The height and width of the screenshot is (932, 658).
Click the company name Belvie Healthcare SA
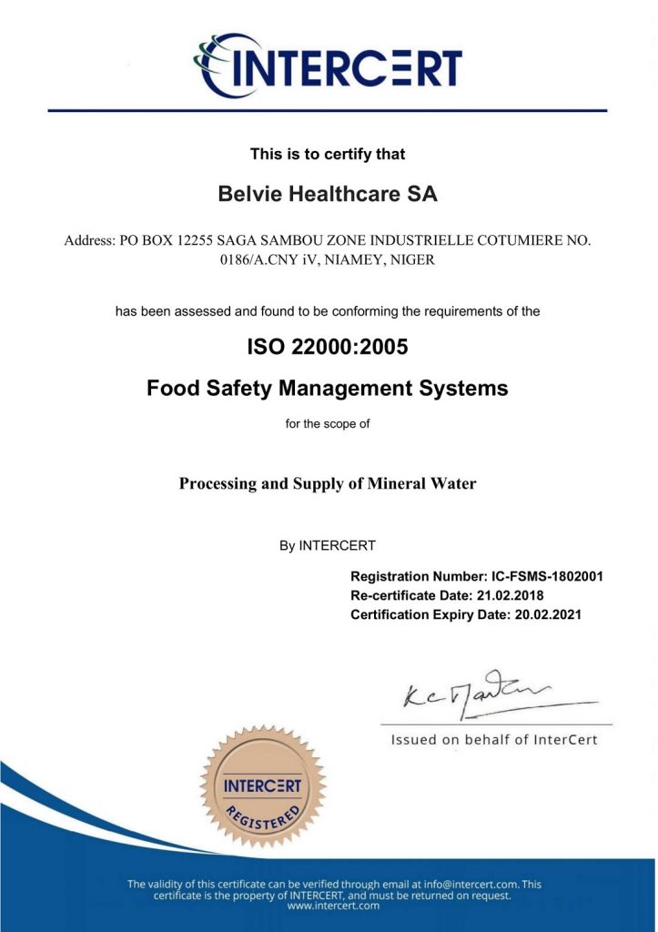point(328,194)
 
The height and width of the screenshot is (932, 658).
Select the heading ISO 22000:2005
point(328,347)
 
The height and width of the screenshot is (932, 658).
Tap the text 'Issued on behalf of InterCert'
point(494,739)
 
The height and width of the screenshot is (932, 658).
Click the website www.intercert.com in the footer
point(328,906)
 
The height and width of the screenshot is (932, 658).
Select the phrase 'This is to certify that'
point(328,154)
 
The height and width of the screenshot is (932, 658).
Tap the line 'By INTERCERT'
point(328,546)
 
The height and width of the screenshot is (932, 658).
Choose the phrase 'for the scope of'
point(328,423)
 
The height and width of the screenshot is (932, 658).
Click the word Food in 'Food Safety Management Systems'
point(170,389)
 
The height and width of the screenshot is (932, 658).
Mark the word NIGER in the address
point(411,259)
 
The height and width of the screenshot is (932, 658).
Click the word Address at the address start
point(88,241)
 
